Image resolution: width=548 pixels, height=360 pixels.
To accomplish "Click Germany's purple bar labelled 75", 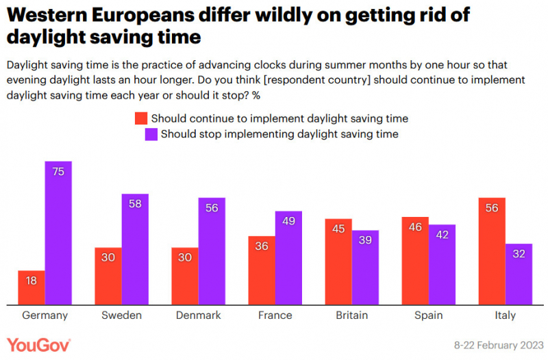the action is coord(58,233).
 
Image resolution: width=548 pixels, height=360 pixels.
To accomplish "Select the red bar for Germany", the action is coord(32,287).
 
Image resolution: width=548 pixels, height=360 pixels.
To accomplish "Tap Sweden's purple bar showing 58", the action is coord(135,249).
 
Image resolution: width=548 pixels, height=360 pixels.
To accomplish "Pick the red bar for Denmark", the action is coord(185,277).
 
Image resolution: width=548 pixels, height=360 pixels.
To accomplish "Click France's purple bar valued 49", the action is coord(288,258).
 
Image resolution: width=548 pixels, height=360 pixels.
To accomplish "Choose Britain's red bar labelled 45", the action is coord(338,262).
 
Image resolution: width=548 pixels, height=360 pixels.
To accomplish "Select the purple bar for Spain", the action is coord(442,265).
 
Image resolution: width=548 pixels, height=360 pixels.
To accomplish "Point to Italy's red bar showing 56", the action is coord(492,251).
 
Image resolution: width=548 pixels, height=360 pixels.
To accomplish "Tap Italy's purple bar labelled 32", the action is coord(519,274).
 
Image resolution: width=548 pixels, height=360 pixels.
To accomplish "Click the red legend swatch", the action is coord(141,118).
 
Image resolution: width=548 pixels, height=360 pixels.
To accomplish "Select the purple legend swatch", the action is coord(151,134).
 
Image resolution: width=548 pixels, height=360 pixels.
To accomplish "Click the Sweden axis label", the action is coord(122,316).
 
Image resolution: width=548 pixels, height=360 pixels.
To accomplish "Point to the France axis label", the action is coord(275,316).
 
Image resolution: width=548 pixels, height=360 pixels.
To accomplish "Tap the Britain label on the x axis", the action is coord(352,316).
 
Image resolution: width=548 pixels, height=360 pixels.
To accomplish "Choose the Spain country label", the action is coord(429,316).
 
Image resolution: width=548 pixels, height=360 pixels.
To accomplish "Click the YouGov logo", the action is coord(38,346).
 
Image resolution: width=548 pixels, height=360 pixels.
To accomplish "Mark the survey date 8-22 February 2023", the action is coord(499,346).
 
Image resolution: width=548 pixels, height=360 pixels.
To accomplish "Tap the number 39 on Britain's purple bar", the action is coord(365,240).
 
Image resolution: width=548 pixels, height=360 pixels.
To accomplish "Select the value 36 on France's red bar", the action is coord(262,246).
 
